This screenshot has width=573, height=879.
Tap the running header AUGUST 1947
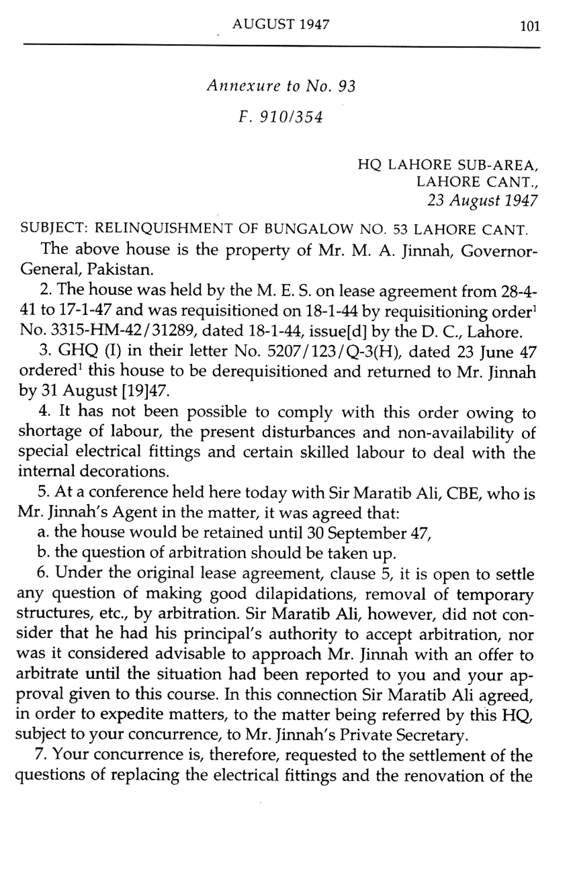pos(281,24)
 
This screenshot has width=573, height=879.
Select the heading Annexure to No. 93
pos(281,86)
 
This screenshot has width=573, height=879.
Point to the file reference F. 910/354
pos(281,117)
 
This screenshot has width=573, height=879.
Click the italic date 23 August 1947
pos(482,201)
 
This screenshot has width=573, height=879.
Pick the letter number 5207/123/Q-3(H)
pos(335,352)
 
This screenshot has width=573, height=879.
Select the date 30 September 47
pos(365,533)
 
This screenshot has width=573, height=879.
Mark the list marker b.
pos(42,553)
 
